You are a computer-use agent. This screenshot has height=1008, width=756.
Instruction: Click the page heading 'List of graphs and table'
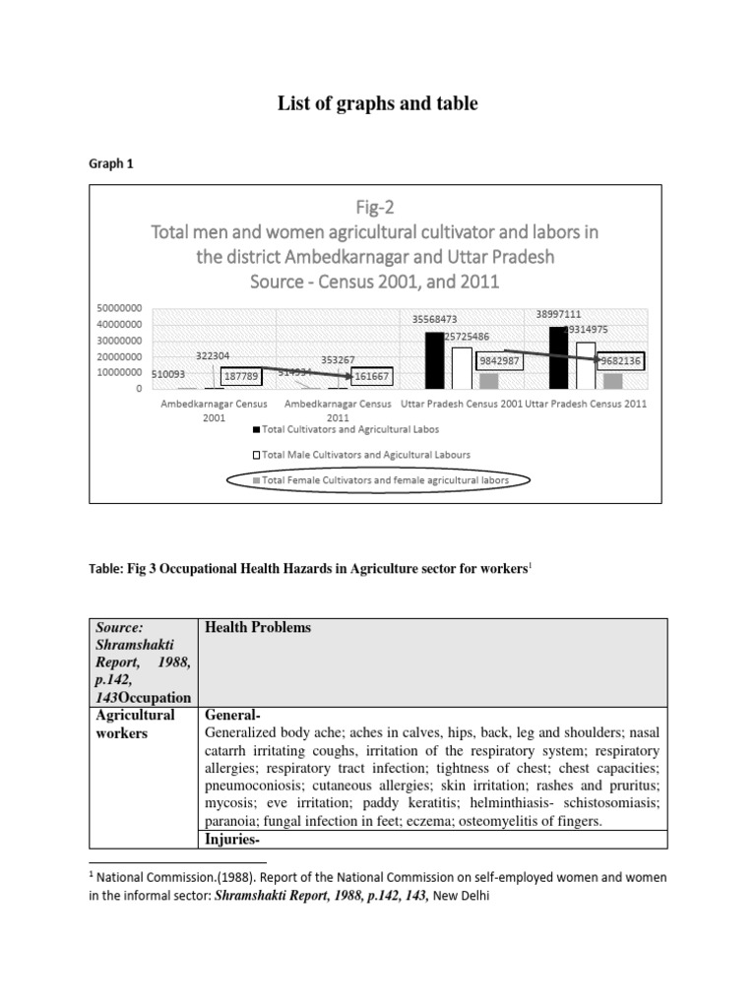(378, 103)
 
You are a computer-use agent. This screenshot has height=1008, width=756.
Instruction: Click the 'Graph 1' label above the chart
(111, 164)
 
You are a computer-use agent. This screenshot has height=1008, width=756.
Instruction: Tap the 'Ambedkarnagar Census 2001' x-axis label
(213, 409)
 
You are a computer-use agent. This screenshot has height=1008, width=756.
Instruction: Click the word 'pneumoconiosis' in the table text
(253, 787)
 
